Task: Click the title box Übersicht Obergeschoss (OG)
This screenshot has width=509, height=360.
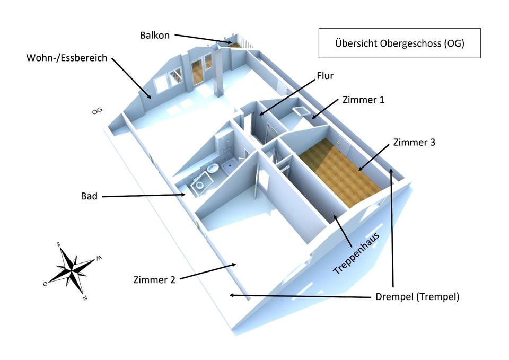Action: coord(399,43)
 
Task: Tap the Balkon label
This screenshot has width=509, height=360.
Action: coord(155,36)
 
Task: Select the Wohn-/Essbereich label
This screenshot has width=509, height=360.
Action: coord(67,58)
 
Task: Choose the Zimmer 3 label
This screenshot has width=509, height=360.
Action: coord(414,142)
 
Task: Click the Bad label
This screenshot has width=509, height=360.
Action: coord(89,196)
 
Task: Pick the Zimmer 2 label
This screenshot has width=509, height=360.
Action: coord(154,279)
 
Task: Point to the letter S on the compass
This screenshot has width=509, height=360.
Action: coord(58,244)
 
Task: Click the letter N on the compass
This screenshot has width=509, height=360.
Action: coord(84,297)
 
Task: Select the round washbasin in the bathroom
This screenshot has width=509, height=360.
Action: coord(212,169)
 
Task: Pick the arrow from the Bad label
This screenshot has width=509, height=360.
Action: coord(143,196)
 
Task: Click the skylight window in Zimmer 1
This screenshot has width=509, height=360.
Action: coord(303,110)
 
